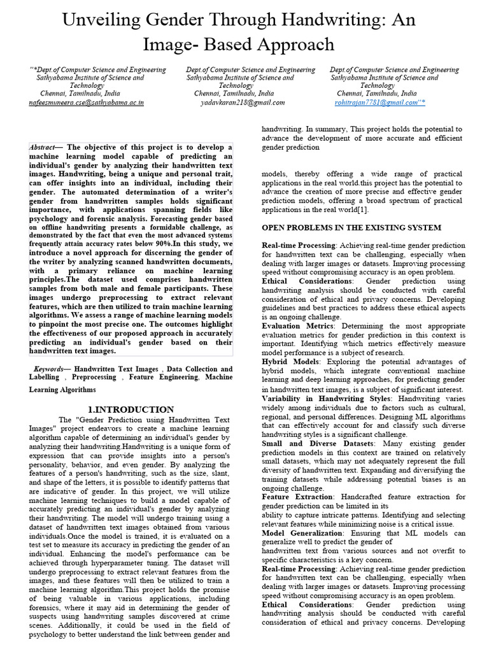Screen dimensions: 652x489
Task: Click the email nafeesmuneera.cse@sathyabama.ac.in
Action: tap(87, 102)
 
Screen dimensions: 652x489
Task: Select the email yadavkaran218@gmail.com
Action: tap(243, 102)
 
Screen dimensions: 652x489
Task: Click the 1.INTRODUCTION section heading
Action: tap(131, 409)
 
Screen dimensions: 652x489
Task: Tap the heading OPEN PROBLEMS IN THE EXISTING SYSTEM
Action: tap(352, 227)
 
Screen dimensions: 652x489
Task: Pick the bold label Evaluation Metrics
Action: tap(296, 326)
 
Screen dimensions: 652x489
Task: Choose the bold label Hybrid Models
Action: tap(288, 362)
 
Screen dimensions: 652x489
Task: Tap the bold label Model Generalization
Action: tap(302, 533)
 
